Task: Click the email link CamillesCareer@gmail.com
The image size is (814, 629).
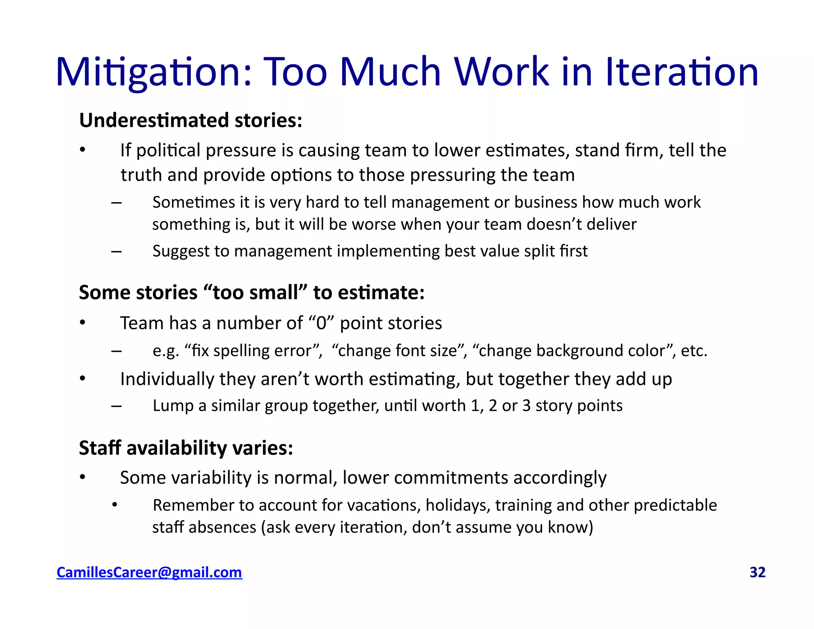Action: coord(149,572)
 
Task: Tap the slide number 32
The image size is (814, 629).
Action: coord(757,572)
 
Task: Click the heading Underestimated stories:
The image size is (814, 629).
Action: coord(191,120)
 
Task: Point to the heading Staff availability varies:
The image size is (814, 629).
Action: coord(186,448)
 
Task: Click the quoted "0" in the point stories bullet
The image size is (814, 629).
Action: coord(321,323)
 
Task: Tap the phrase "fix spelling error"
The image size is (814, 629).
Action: coord(253,351)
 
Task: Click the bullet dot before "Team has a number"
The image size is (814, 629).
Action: coord(82,322)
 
